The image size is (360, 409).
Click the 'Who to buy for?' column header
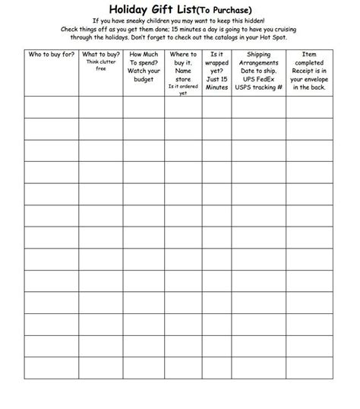[51, 55]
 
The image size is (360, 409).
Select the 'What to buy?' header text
[100, 55]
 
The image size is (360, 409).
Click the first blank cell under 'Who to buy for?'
[51, 107]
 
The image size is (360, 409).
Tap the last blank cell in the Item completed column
[309, 368]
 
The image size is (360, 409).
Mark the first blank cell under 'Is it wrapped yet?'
[216, 107]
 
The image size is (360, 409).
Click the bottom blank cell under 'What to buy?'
[100, 368]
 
